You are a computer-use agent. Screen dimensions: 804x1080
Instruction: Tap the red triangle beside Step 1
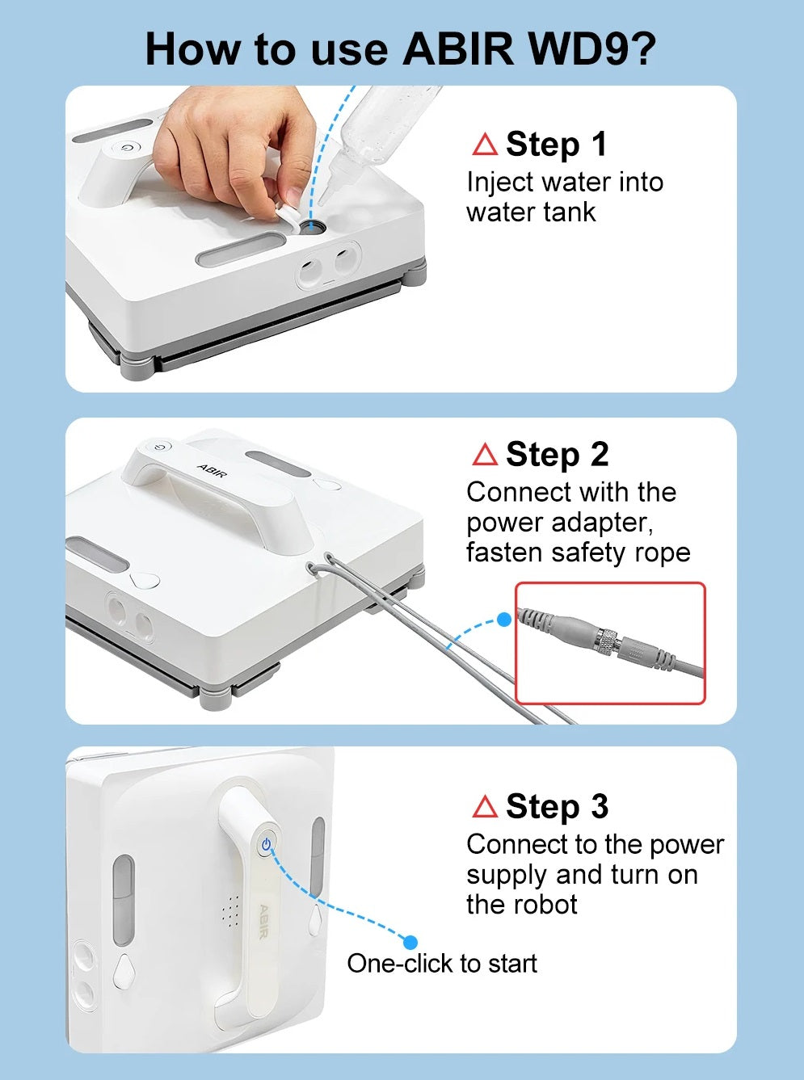[485, 145]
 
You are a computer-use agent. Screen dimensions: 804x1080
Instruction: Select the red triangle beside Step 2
[485, 454]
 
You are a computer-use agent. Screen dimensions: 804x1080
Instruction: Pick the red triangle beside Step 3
[485, 806]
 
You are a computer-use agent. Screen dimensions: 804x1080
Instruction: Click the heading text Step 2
[558, 454]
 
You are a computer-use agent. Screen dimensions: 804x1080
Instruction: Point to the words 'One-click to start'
[442, 963]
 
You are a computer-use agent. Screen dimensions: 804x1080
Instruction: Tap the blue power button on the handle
[266, 844]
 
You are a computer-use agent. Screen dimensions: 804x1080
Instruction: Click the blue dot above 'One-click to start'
[410, 942]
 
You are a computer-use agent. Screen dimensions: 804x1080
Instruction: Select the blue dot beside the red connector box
[504, 620]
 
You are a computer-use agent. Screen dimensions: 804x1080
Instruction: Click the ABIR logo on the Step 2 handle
[212, 470]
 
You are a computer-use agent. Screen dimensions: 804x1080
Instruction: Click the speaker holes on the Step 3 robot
[231, 910]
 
